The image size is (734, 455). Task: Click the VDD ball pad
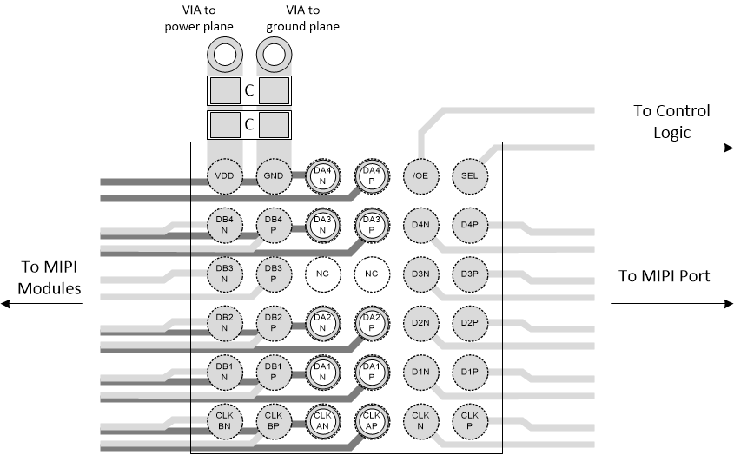[x=224, y=176]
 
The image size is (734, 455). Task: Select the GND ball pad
[x=274, y=176]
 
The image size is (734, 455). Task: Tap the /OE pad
[x=421, y=176]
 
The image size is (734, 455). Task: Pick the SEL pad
[x=470, y=176]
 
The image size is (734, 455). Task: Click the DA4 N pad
[x=322, y=176]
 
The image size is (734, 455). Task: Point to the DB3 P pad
[x=274, y=274]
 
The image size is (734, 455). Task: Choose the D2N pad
[x=421, y=323]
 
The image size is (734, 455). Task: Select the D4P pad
[x=470, y=225]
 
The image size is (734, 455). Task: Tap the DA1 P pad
[x=372, y=372]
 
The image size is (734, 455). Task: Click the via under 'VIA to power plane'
[x=224, y=56]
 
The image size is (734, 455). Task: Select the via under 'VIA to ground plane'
[x=274, y=56]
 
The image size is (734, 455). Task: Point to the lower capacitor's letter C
[x=248, y=124]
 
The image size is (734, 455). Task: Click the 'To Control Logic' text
[x=671, y=122]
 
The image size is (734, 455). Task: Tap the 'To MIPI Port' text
[x=665, y=276]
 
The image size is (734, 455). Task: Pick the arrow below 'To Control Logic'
[x=671, y=148]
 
